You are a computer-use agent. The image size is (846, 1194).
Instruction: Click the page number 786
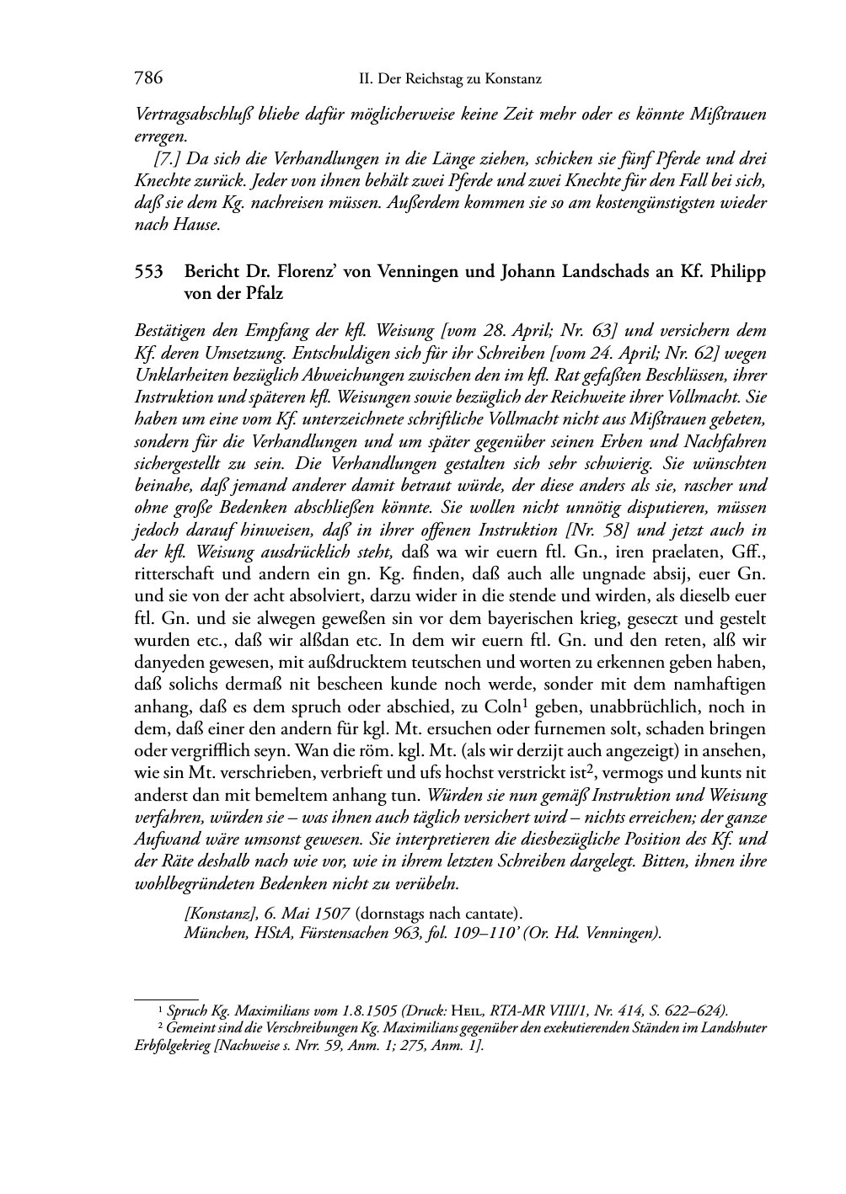coord(147,79)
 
